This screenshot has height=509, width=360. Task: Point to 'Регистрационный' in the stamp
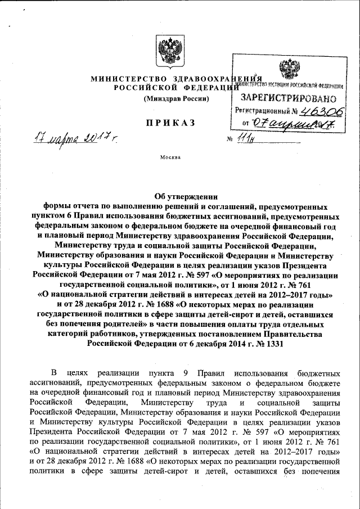263,111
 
